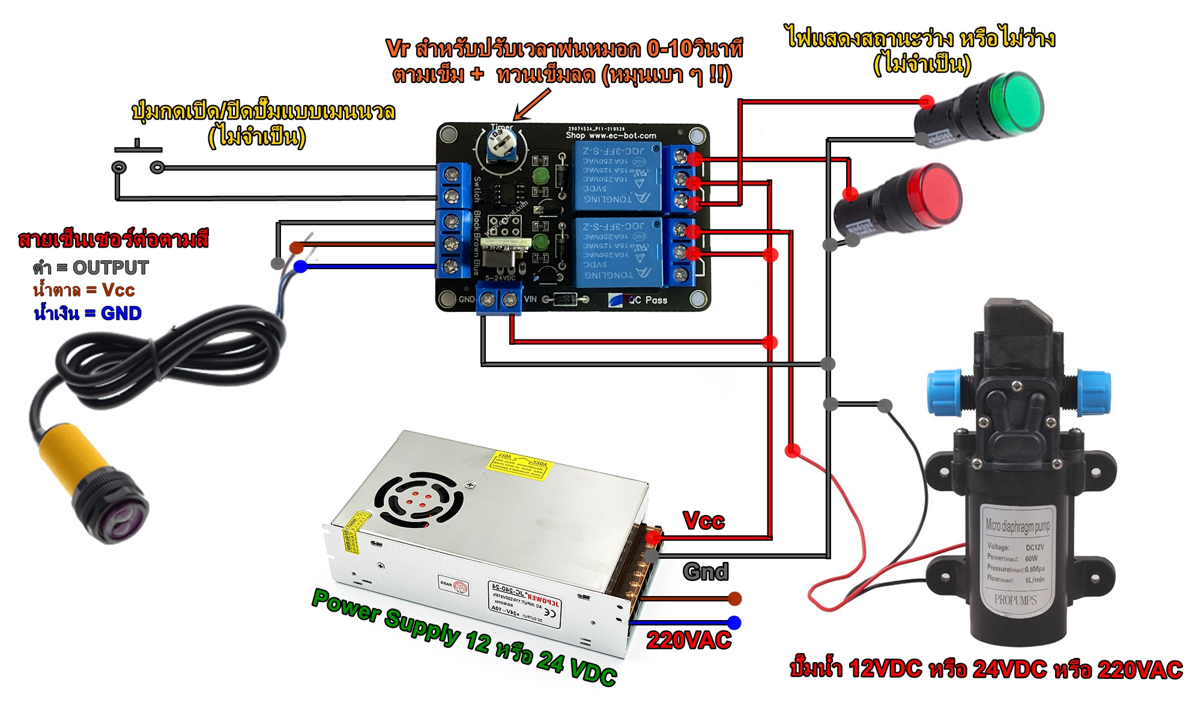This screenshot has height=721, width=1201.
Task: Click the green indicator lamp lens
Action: (1015, 103)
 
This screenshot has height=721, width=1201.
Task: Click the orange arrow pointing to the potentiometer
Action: (531, 105)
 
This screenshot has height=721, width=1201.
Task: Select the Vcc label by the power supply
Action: (704, 520)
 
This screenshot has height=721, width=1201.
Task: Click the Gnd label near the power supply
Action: (706, 571)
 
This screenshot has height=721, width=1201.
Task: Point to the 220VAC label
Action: (689, 640)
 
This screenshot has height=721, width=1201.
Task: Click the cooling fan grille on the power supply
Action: (419, 500)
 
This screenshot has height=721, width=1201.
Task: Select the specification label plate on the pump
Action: (1016, 556)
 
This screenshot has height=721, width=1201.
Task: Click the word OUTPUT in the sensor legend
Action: (110, 267)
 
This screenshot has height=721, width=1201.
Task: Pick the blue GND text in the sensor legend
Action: (121, 313)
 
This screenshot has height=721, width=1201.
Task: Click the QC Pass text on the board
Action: (647, 300)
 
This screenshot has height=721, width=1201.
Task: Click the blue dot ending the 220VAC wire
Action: (734, 622)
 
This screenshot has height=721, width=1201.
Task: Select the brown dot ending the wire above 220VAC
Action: (734, 598)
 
